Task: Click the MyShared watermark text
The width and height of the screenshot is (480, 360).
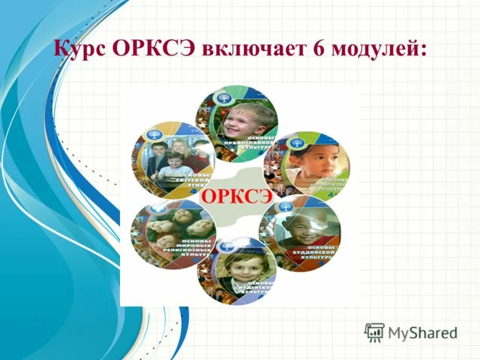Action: tap(422, 332)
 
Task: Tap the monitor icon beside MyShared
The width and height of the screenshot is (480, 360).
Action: tap(374, 332)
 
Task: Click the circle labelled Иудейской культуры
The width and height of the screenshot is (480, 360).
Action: tap(236, 269)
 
